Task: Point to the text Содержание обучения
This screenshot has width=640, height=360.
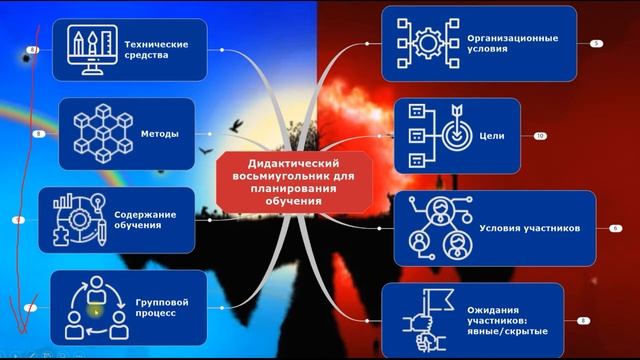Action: point(145,218)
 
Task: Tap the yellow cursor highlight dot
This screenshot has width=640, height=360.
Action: point(96,311)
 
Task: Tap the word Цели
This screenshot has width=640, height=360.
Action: point(493,136)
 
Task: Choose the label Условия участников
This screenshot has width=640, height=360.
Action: point(530,228)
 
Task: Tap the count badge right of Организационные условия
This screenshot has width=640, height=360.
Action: point(597,44)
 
